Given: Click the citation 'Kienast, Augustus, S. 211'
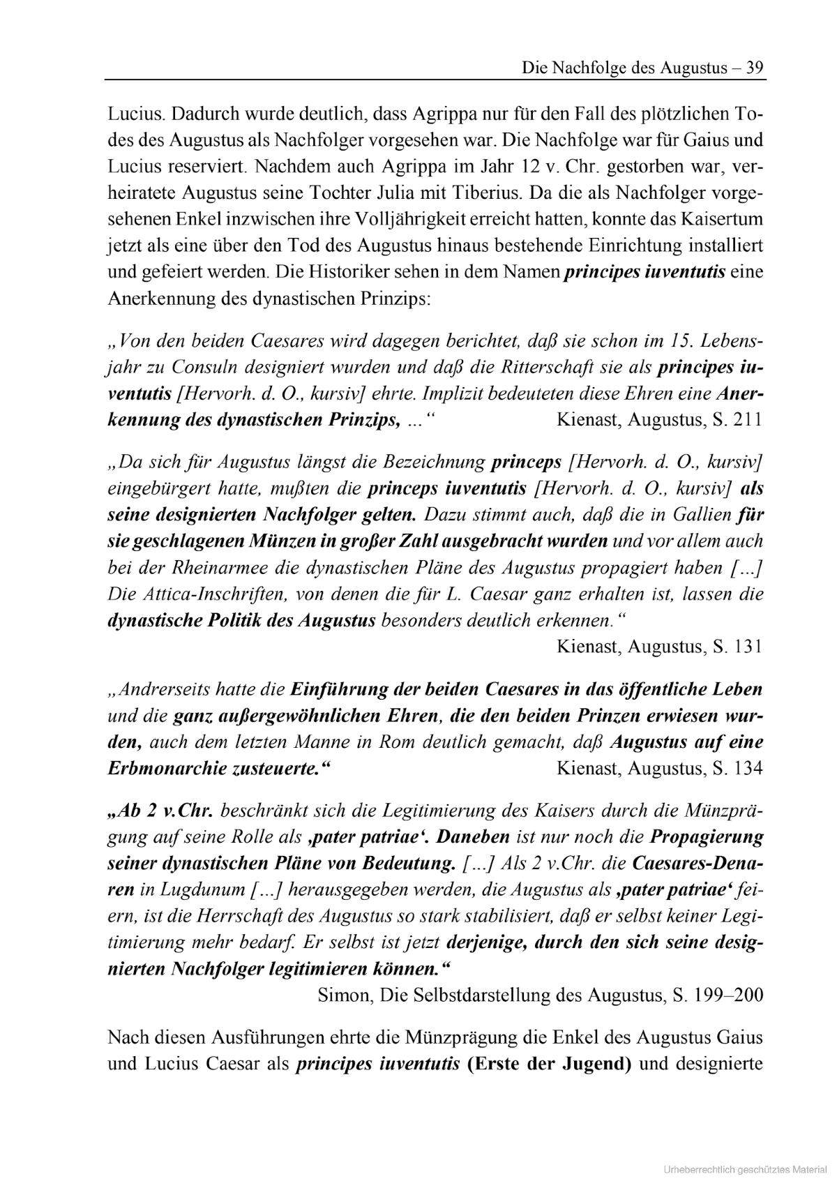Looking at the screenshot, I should (x=659, y=420).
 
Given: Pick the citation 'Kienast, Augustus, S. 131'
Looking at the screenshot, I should (x=659, y=646).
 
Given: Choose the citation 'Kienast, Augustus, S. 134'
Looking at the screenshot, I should (x=659, y=768).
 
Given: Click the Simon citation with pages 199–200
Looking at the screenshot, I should (x=540, y=995).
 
